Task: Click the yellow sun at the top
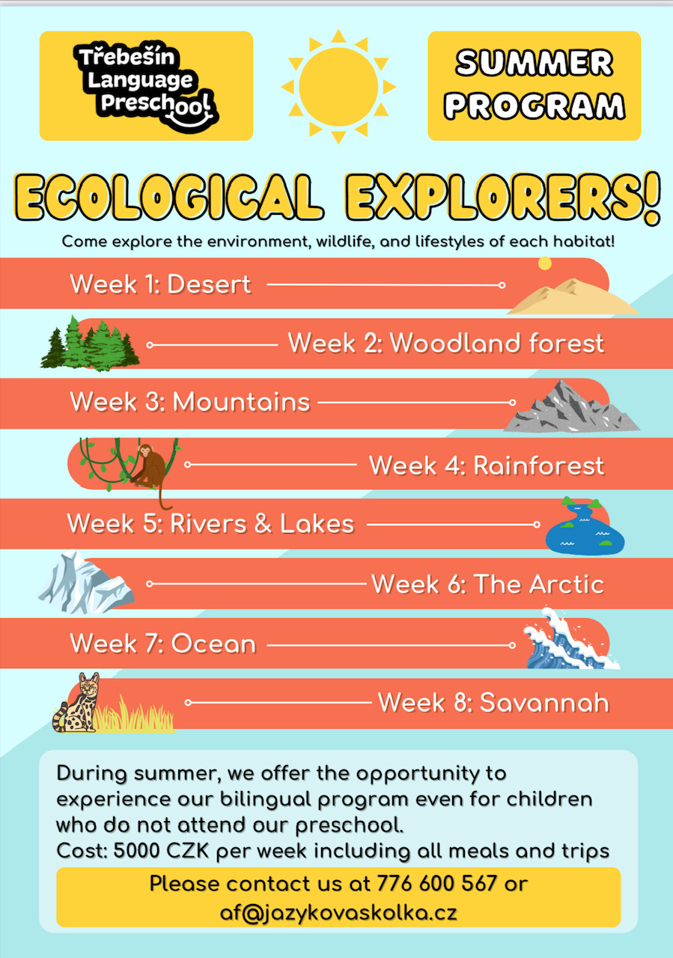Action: (x=338, y=87)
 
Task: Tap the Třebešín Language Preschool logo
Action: (x=146, y=86)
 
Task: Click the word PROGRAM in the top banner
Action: (x=535, y=106)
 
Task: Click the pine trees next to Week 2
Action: (x=91, y=343)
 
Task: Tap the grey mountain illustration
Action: (x=571, y=406)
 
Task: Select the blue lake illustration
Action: (x=585, y=527)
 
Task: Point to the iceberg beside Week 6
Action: (x=85, y=582)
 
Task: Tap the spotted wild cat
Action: (x=77, y=702)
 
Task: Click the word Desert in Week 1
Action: (x=209, y=284)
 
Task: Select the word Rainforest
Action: (x=539, y=466)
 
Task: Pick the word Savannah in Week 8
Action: (x=544, y=702)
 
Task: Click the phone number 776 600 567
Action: (x=437, y=883)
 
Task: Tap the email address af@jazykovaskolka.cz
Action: (x=338, y=912)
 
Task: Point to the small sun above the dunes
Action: (x=545, y=263)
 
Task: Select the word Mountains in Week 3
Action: (x=241, y=402)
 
